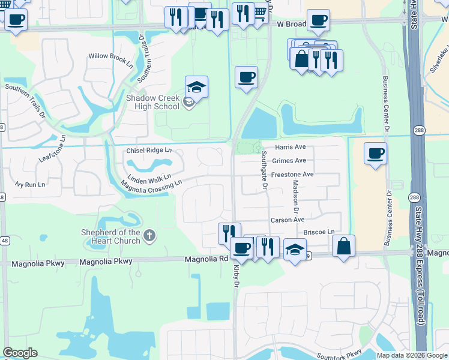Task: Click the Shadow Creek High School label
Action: coord(152,102)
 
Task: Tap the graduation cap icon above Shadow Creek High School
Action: coord(196,87)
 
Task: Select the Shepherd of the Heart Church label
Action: coord(111,236)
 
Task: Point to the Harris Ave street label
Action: coord(291,147)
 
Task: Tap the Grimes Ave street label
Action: coord(289,161)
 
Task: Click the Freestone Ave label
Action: coord(292,175)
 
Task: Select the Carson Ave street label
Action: coord(288,220)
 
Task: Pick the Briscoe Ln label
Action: coord(319,232)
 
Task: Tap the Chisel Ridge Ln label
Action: coord(149,151)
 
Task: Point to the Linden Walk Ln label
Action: coord(149,178)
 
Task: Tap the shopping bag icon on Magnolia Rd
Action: coord(343,246)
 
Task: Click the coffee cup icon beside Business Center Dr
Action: coord(375,154)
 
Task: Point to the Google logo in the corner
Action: coord(20,353)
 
